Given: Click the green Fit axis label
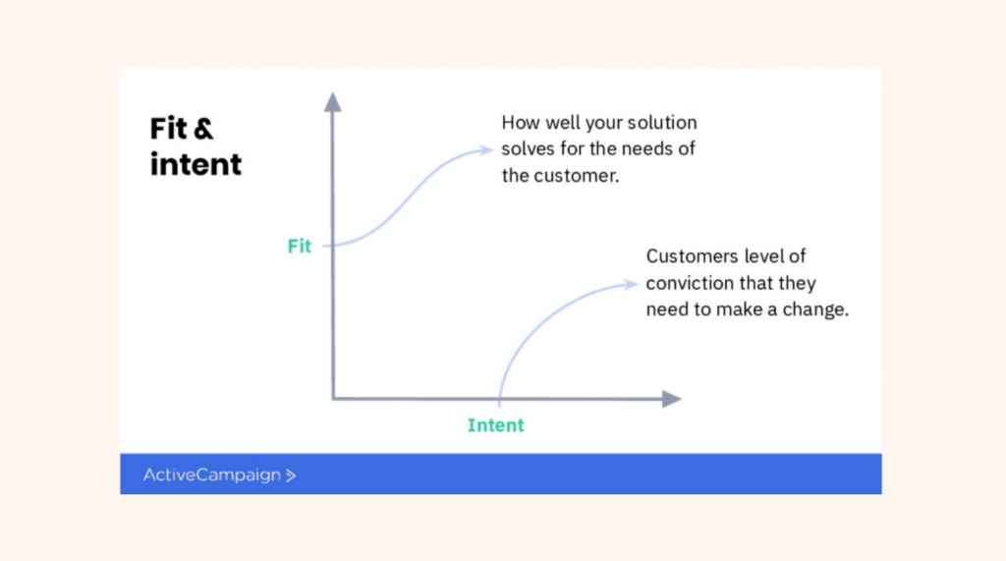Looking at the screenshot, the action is tap(299, 246).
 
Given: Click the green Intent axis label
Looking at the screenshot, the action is tap(496, 424).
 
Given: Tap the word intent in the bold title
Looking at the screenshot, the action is tap(196, 164).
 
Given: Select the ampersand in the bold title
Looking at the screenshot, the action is tap(202, 129).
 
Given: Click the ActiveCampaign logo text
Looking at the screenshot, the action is tap(212, 475).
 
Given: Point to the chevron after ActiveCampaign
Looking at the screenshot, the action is tap(291, 476).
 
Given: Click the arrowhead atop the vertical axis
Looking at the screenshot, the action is tap(332, 102).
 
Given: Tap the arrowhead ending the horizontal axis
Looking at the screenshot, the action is tap(671, 399).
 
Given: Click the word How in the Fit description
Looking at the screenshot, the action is tap(521, 122).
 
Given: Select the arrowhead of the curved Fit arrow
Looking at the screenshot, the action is tap(486, 150).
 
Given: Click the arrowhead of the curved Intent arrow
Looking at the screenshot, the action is tap(631, 284).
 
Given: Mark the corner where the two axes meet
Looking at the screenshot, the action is tap(334, 399).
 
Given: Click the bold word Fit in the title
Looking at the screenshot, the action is tap(168, 129).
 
